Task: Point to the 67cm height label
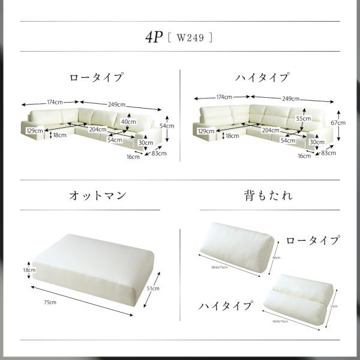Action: [x=338, y=122]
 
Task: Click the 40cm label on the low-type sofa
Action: [x=127, y=121]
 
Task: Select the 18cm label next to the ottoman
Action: [x=29, y=271]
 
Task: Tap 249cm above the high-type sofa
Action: [x=291, y=98]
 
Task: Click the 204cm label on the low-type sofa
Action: [x=97, y=129]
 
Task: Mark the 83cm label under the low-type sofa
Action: [x=159, y=153]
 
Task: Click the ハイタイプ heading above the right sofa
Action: [x=262, y=77]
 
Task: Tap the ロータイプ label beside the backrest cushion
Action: [x=313, y=241]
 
